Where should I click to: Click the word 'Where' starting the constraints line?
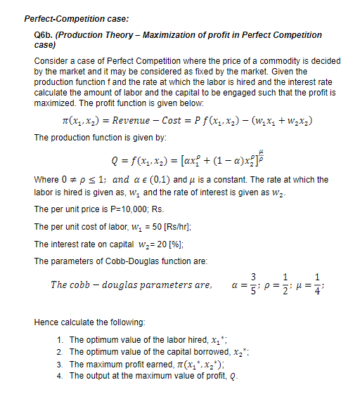(x=46, y=180)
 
